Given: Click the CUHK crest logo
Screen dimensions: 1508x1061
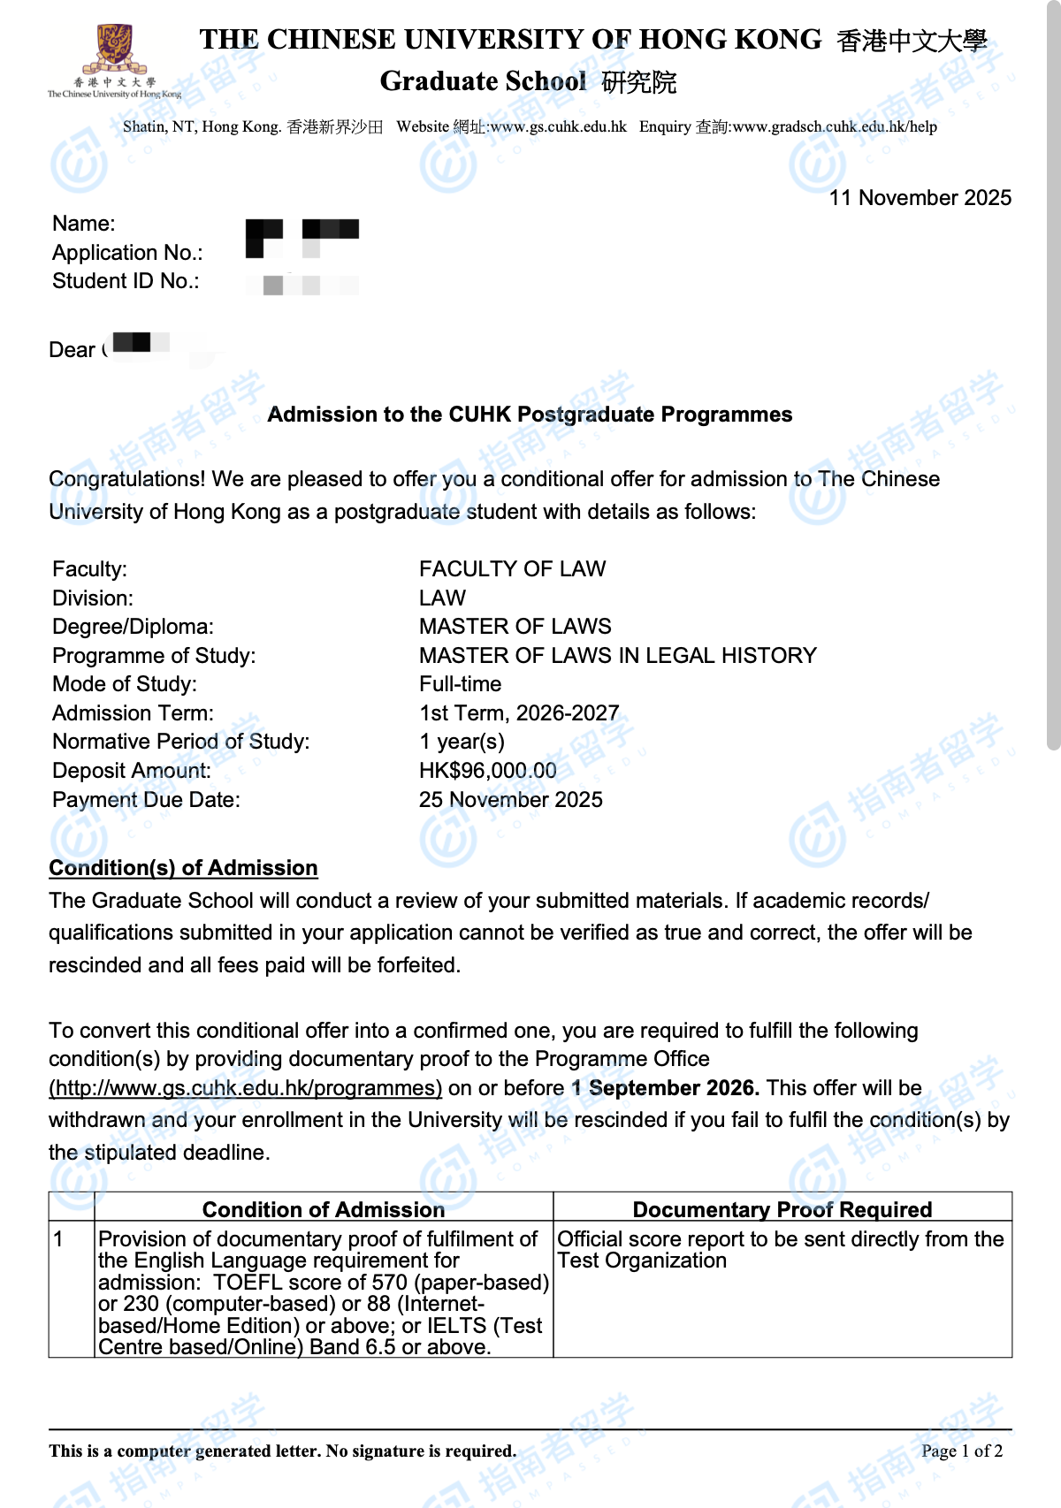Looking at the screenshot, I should (x=114, y=51).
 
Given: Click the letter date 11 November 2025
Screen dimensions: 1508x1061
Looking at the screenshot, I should (x=920, y=198).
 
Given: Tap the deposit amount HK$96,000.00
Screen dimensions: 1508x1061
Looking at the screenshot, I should (x=487, y=771).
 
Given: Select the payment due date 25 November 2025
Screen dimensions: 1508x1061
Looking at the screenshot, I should (x=510, y=800).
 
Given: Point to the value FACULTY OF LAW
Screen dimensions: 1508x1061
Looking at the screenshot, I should (x=512, y=569).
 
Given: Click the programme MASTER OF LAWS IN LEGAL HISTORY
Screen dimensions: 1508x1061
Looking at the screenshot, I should (x=617, y=656).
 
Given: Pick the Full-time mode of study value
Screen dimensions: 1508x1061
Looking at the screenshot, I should (x=460, y=684).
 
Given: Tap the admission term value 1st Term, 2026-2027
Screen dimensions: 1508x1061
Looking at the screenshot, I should (x=518, y=713).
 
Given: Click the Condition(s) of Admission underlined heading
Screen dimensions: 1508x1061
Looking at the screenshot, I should (x=183, y=868).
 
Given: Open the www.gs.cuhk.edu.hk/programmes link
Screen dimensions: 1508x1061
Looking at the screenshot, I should (x=245, y=1088).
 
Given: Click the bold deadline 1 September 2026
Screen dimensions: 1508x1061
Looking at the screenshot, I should (x=665, y=1088).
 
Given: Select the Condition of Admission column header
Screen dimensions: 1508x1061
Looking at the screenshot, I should (x=324, y=1209).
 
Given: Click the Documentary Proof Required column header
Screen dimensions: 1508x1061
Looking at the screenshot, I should (x=782, y=1209).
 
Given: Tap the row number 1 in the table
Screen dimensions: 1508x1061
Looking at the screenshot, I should (x=58, y=1239).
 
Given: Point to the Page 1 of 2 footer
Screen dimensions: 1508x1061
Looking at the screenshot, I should (x=961, y=1451).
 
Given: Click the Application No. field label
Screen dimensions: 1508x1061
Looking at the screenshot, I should (x=127, y=253).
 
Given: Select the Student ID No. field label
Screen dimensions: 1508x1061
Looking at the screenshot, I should (x=126, y=281).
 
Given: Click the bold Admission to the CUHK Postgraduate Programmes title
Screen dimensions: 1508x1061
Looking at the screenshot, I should (x=530, y=415).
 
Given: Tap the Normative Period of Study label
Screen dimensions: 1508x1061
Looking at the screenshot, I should (x=180, y=742).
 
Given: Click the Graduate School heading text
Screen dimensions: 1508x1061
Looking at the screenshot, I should (x=483, y=81).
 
